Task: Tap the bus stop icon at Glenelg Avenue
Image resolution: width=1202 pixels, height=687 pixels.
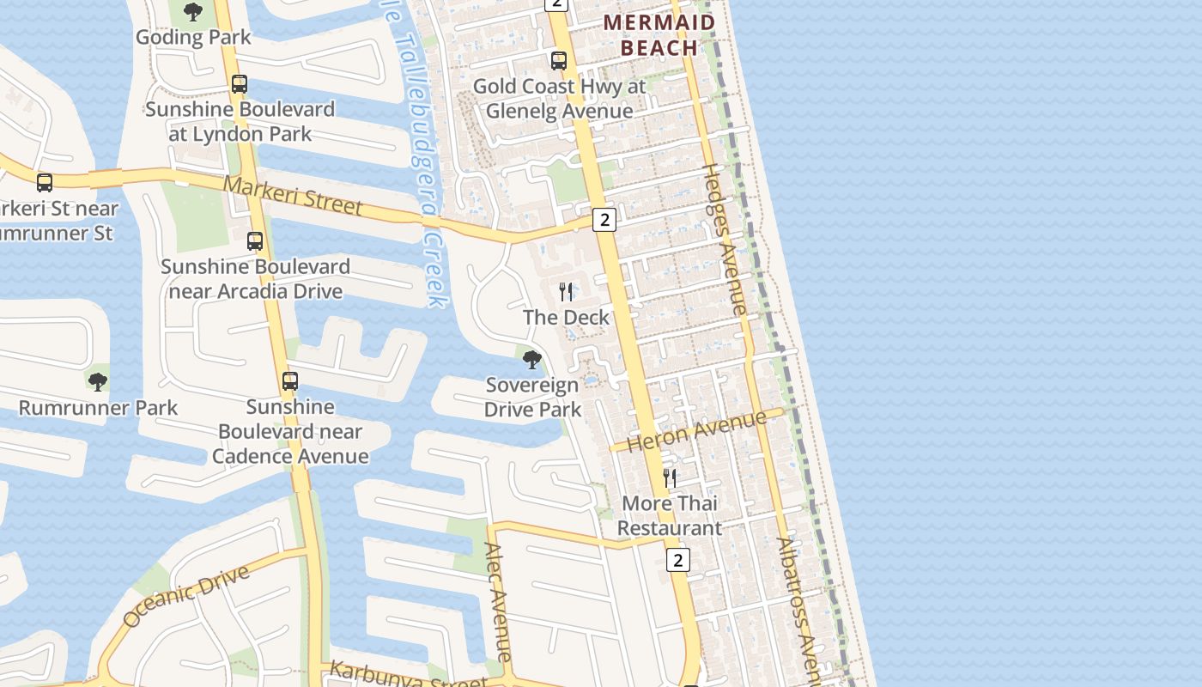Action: (559, 61)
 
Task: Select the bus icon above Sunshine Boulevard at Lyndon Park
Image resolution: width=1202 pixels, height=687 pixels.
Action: (240, 84)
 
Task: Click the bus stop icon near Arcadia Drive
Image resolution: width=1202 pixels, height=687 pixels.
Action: (255, 241)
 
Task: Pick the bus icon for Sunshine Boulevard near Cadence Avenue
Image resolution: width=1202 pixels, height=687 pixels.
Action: (290, 381)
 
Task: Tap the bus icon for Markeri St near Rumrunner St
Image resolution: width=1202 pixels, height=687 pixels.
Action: (45, 183)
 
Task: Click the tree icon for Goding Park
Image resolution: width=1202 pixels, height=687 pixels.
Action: (193, 12)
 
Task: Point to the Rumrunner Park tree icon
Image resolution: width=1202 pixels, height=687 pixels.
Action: (98, 381)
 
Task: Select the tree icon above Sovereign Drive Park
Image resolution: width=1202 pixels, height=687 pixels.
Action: (532, 360)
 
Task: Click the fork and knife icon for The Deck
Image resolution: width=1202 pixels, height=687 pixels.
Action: (566, 292)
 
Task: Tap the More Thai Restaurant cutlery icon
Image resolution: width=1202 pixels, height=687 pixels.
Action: (670, 478)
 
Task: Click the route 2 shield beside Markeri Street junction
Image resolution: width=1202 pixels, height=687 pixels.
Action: (604, 220)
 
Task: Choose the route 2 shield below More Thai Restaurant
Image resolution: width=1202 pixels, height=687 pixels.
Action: (678, 561)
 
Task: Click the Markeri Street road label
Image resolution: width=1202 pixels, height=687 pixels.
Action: (293, 196)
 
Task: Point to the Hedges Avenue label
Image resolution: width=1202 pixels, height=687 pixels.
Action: (725, 238)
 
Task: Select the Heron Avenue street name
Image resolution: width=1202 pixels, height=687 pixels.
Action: (696, 431)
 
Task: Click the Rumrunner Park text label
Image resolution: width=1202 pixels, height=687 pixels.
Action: (98, 407)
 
